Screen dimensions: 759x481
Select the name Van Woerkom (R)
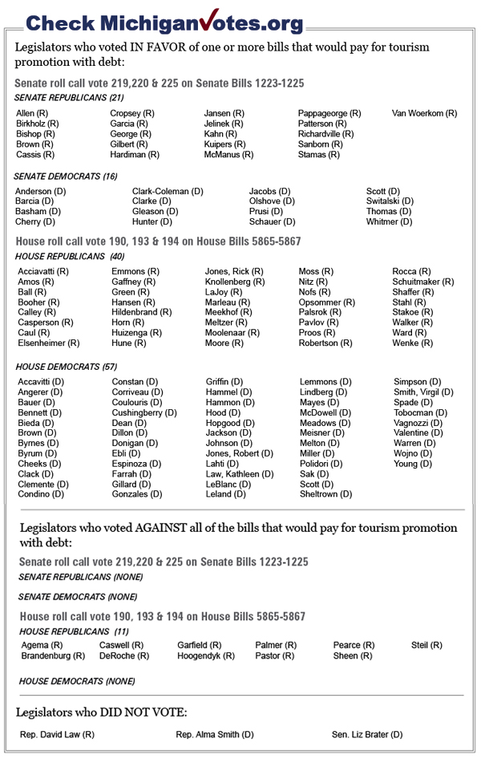pyautogui.click(x=424, y=113)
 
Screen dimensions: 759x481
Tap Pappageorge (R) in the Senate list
pyautogui.click(x=329, y=113)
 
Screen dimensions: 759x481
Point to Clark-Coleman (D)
pyautogui.click(x=168, y=191)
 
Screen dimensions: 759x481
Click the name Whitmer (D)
pyautogui.click(x=389, y=221)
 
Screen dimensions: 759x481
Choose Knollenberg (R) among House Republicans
pyautogui.click(x=234, y=282)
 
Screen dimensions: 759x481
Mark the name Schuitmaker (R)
pyautogui.click(x=422, y=282)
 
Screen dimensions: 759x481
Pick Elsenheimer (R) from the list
pyautogui.click(x=48, y=343)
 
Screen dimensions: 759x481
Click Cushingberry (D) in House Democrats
pyautogui.click(x=144, y=412)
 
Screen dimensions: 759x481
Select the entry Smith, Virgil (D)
pyautogui.click(x=423, y=392)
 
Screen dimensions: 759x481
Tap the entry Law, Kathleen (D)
pyautogui.click(x=240, y=473)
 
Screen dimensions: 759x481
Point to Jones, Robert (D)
pyautogui.click(x=239, y=453)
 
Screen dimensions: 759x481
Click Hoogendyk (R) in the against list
pyautogui.click(x=206, y=655)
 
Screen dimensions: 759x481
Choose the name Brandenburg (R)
pyautogui.click(x=53, y=655)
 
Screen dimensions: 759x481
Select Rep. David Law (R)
pyautogui.click(x=58, y=734)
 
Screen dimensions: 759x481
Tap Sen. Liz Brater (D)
pyautogui.click(x=367, y=734)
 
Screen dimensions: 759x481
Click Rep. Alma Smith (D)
pyautogui.click(x=215, y=734)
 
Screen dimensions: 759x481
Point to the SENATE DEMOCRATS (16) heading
pyautogui.click(x=66, y=176)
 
